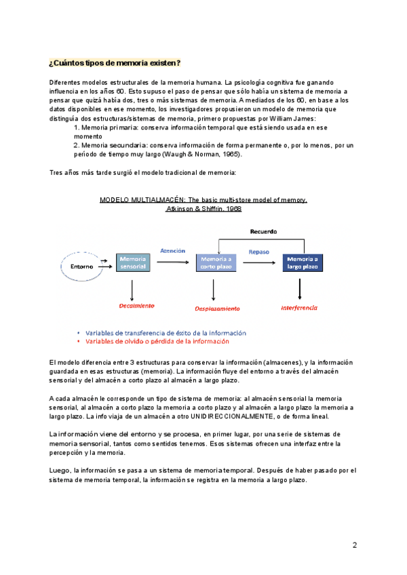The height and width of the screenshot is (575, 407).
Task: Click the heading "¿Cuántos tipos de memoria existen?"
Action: [x=115, y=63]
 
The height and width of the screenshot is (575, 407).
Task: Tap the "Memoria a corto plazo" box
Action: [x=216, y=263]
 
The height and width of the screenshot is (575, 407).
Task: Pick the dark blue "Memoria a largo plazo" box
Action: [x=303, y=263]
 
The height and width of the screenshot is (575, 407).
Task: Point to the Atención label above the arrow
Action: [x=172, y=251]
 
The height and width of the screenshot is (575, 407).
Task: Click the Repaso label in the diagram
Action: [x=258, y=252]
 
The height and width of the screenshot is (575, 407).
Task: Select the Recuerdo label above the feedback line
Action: [x=263, y=231]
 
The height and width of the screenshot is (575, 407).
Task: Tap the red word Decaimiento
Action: [x=136, y=306]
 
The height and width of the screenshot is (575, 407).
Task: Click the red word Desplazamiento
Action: [x=217, y=308]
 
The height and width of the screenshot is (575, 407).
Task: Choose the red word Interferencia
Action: [x=300, y=307]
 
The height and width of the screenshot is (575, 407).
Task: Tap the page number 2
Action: [x=355, y=545]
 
